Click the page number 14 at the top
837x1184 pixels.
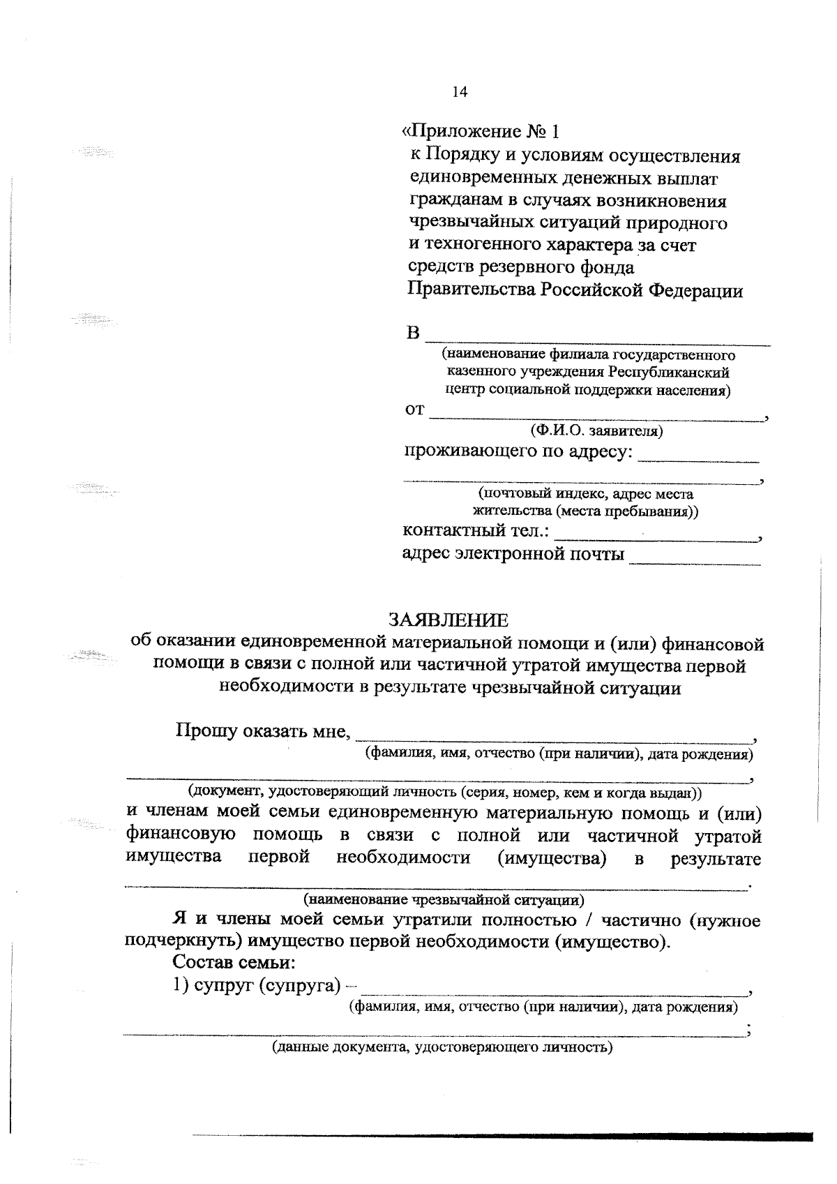point(460,91)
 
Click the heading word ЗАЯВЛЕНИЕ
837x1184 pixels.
point(448,620)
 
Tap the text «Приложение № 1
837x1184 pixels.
point(481,131)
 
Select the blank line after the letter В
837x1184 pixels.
point(598,340)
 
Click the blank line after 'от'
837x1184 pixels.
point(596,416)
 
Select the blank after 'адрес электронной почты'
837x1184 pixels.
point(694,560)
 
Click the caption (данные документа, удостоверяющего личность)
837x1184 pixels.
point(442,1047)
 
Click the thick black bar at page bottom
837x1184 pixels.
point(502,1136)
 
